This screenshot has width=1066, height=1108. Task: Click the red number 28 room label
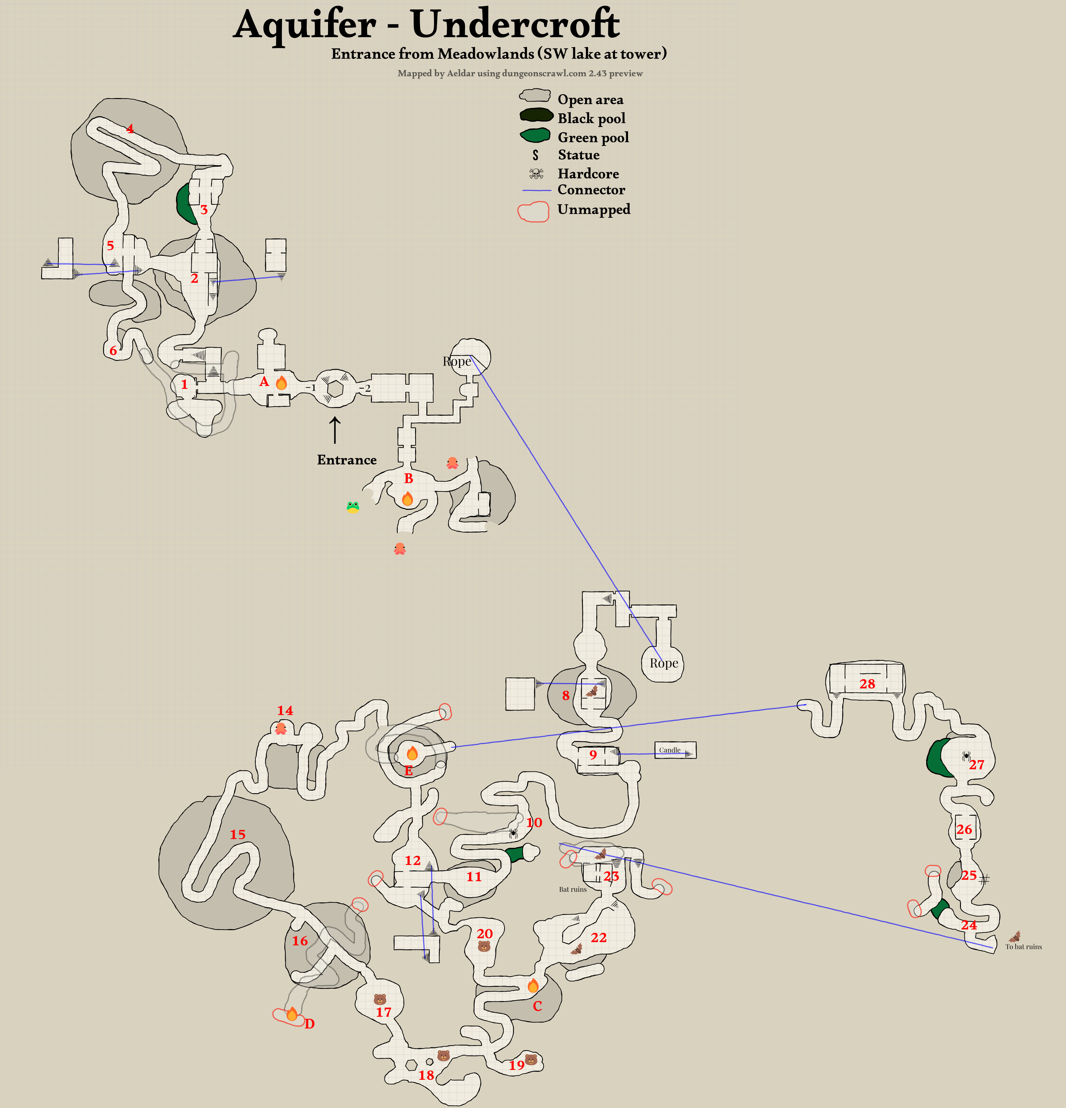[867, 684]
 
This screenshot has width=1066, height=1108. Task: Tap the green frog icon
[353, 506]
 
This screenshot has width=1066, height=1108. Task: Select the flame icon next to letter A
[281, 383]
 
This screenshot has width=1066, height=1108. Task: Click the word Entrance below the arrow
[347, 460]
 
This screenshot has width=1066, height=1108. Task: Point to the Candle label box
[675, 750]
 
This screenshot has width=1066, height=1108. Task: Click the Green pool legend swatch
[535, 136]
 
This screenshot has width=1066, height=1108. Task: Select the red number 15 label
[237, 835]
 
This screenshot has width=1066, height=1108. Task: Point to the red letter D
[309, 1024]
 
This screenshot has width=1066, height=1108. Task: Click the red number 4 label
[130, 129]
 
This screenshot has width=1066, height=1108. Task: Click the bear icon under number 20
[484, 946]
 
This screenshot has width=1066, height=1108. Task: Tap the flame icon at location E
[412, 753]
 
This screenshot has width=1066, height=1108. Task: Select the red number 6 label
[113, 351]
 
